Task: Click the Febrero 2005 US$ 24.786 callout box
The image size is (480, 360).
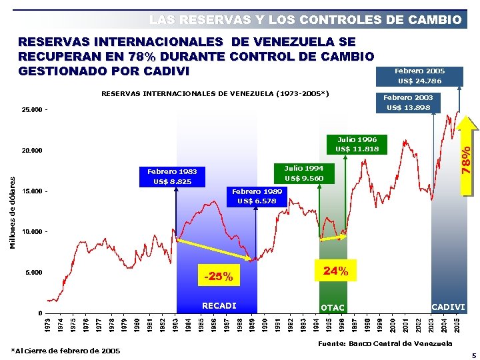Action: (x=419, y=76)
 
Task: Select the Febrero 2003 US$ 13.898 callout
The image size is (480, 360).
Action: (x=407, y=103)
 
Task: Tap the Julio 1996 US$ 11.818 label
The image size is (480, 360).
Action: (x=357, y=144)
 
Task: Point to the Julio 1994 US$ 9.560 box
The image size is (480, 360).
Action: (x=303, y=173)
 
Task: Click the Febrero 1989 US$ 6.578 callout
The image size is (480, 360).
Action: (x=257, y=196)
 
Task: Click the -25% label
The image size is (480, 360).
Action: (x=219, y=276)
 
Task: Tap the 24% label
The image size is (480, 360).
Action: (x=335, y=271)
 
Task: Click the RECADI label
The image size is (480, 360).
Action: (x=219, y=306)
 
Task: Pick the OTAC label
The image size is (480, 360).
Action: (x=333, y=307)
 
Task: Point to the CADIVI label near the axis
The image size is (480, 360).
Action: (x=448, y=306)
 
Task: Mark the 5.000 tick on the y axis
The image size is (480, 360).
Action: (x=29, y=273)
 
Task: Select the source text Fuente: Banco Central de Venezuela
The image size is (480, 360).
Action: (x=385, y=343)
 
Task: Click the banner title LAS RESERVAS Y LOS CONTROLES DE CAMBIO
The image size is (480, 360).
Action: (x=305, y=20)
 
